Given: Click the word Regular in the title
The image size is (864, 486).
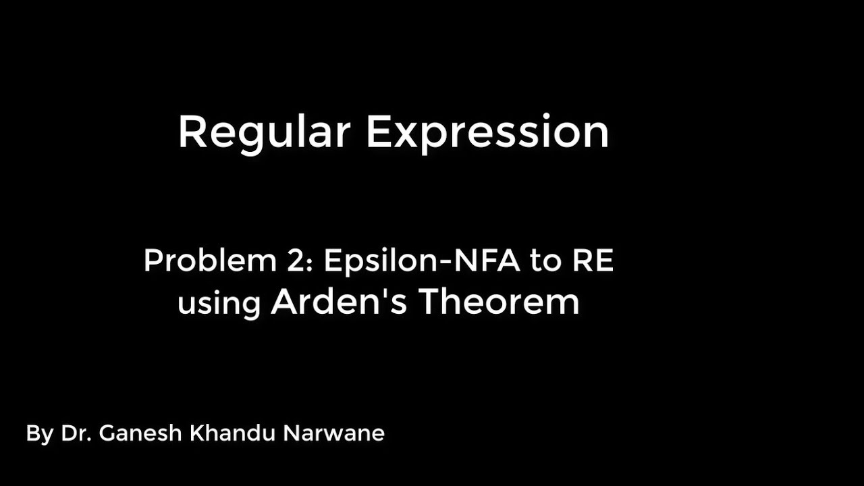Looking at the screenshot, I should click(263, 132).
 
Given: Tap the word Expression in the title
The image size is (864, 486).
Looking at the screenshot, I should click(487, 132).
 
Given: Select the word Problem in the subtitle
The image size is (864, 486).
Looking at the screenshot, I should click(209, 261).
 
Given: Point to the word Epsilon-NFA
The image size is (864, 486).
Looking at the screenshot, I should click(422, 261).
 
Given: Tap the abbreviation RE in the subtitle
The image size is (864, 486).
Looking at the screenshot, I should click(593, 261).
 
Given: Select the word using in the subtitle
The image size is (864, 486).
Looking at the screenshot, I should click(219, 302).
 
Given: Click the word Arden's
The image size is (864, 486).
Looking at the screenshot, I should click(339, 301).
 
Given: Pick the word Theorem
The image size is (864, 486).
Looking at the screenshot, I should click(499, 301).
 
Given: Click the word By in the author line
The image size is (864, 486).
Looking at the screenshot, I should click(39, 433).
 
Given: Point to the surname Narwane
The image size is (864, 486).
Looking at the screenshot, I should click(333, 433).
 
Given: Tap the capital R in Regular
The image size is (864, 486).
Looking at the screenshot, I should click(191, 132).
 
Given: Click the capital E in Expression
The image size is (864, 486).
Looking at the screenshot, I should click(379, 132).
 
